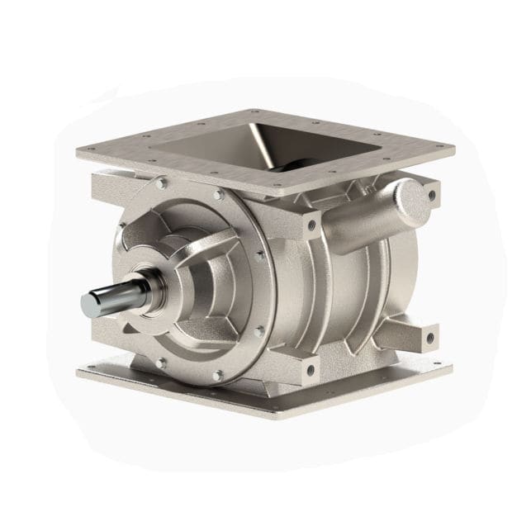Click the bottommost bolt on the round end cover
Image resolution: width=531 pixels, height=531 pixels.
217,376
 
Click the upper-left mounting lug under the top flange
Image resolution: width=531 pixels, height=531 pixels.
107,183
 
